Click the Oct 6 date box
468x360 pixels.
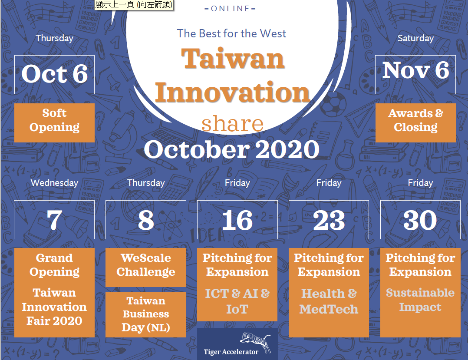[54, 75]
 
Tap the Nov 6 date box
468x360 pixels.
[415, 75]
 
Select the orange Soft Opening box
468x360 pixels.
[54, 123]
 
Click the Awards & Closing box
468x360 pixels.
[415, 123]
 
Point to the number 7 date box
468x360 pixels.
[54, 220]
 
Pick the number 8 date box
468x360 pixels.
[146, 220]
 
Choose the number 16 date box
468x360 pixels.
[237, 220]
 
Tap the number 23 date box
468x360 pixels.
[329, 220]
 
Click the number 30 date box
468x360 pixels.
[420, 220]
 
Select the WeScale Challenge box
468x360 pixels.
[146, 268]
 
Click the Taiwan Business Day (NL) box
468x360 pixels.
[146, 315]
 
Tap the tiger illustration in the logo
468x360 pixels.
[256, 341]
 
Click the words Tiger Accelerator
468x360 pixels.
[231, 352]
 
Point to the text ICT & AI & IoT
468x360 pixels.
[237, 301]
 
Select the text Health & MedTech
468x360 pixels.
[329, 301]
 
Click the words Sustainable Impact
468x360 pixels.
[420, 300]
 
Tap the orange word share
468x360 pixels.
[233, 123]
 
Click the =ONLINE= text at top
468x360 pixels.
[230, 9]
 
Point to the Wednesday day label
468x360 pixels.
[54, 183]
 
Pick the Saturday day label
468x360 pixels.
[415, 38]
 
